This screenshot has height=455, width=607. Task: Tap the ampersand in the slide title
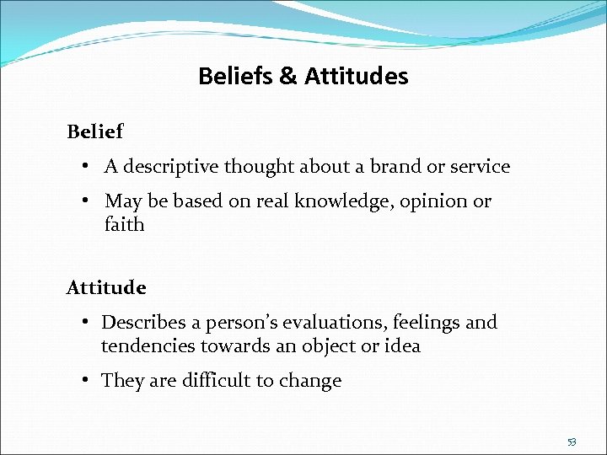[287, 77]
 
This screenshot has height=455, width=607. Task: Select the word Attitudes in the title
[356, 77]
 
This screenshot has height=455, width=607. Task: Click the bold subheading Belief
[94, 132]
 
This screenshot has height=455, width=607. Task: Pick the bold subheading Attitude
[106, 288]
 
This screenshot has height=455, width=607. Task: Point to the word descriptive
[175, 167]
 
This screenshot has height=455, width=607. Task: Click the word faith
[124, 225]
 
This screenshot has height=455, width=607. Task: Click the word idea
[402, 346]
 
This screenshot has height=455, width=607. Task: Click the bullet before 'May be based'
[88, 201]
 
